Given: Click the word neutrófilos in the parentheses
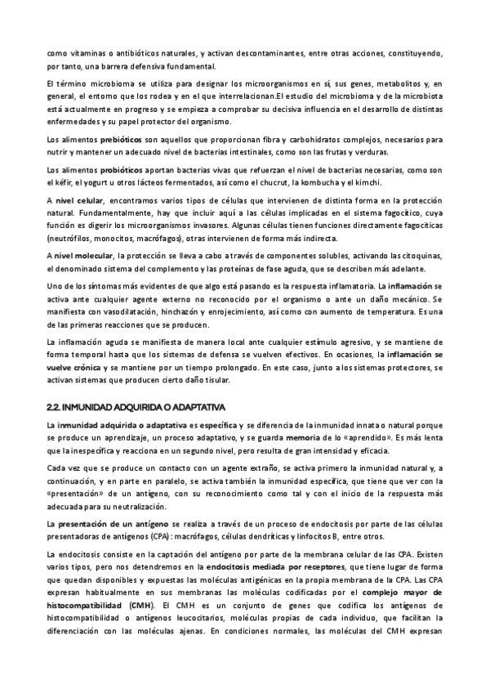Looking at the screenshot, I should pos(70,239).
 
